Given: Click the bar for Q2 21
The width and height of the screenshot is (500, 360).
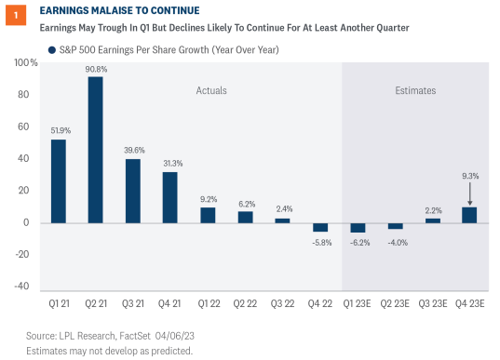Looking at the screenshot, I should pyautogui.click(x=95, y=150).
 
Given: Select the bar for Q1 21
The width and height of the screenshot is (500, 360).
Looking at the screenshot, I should pyautogui.click(x=59, y=180).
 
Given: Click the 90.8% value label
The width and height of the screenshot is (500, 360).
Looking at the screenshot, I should pyautogui.click(x=95, y=68).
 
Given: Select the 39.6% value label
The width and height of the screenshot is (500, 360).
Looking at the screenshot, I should pyautogui.click(x=132, y=151).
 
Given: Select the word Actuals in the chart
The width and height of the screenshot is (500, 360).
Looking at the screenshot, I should pyautogui.click(x=211, y=90).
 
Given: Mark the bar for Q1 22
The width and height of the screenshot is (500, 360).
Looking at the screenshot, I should pyautogui.click(x=207, y=215).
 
